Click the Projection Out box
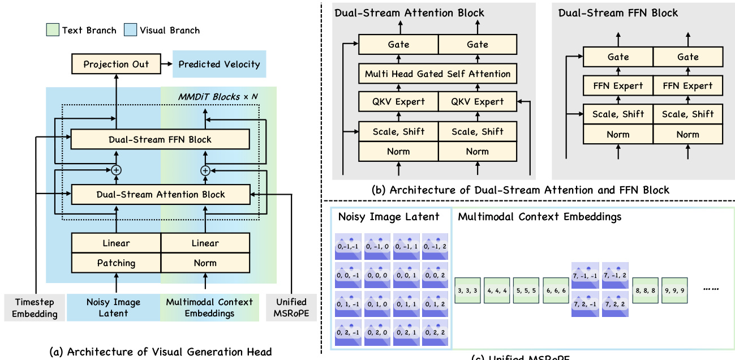[116, 64]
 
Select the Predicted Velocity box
[219, 64]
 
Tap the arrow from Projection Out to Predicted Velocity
[166, 64]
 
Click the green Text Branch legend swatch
[52, 30]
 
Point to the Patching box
[116, 263]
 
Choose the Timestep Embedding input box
[35, 308]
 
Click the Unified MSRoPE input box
[291, 308]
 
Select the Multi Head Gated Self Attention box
[437, 74]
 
